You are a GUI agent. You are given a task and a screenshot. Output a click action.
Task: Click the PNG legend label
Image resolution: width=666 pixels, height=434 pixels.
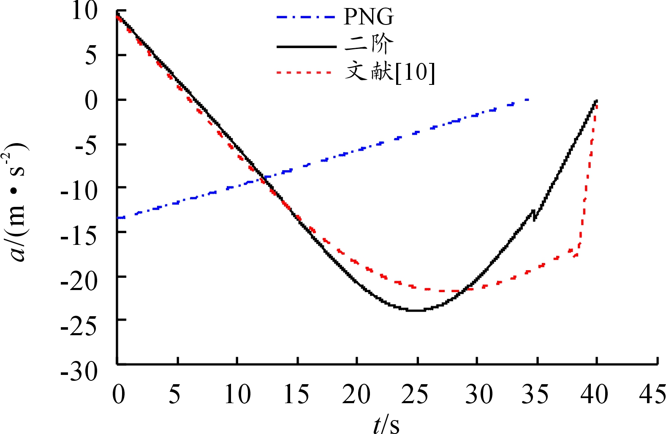pyautogui.click(x=369, y=17)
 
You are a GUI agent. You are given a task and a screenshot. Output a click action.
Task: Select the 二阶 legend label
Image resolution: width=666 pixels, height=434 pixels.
pyautogui.click(x=369, y=43)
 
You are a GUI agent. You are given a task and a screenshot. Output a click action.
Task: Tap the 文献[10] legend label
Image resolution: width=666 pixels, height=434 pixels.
pyautogui.click(x=389, y=72)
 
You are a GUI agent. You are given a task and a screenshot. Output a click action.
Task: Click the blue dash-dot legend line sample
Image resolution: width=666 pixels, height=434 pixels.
pyautogui.click(x=306, y=17)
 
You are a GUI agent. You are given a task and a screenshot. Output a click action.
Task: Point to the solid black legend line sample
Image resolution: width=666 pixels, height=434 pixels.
pyautogui.click(x=306, y=46)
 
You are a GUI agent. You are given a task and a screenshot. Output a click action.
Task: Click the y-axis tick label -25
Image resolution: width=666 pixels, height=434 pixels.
pyautogui.click(x=79, y=325)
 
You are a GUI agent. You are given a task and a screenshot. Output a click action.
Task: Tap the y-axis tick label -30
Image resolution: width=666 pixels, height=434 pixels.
pyautogui.click(x=79, y=372)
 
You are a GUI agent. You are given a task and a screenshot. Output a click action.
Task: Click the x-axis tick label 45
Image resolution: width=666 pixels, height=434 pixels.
pyautogui.click(x=652, y=394)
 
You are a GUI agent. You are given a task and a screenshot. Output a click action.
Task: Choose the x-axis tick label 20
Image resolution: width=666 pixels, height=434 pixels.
pyautogui.click(x=356, y=394)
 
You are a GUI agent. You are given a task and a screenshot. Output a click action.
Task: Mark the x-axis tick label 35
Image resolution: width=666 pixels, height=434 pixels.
pyautogui.click(x=535, y=394)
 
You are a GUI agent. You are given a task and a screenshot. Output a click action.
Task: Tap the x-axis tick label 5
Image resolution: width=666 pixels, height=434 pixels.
pyautogui.click(x=175, y=394)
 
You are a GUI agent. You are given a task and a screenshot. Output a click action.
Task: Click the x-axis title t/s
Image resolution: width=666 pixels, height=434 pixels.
pyautogui.click(x=386, y=423)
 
